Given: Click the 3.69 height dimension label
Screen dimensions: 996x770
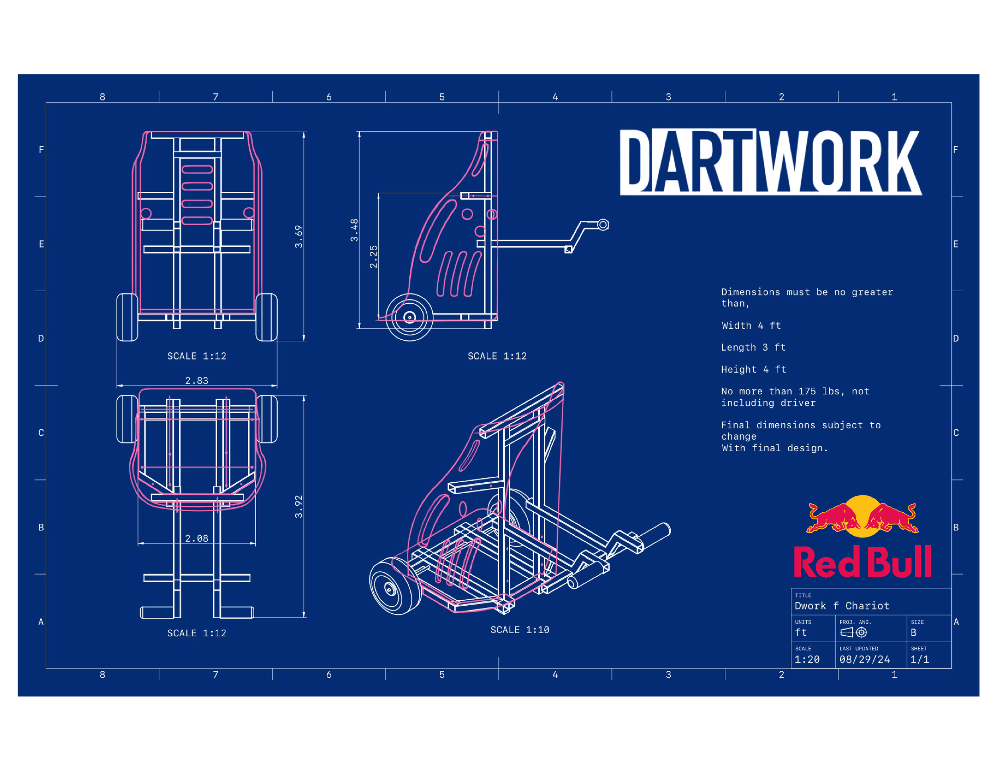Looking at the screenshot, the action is point(298,236).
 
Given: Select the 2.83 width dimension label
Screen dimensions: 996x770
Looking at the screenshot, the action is point(196,381).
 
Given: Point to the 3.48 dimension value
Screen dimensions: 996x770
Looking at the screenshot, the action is point(354,230).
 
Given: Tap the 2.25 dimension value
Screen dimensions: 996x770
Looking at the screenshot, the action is point(374,256).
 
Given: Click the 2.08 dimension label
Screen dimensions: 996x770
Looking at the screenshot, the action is point(196,538).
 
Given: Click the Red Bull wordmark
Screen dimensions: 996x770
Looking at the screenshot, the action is point(862,562).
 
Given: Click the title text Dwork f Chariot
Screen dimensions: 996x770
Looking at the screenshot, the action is point(842,606).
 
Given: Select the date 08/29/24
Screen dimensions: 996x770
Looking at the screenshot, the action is point(865,659).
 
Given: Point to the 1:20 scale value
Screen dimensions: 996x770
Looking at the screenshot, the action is point(807,659).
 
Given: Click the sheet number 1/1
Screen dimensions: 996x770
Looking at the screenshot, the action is point(920,659).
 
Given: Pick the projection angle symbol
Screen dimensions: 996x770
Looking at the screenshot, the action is point(853,632).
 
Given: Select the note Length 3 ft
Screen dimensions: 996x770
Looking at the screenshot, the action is point(753,347).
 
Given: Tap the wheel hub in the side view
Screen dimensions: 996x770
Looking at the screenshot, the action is point(410,317).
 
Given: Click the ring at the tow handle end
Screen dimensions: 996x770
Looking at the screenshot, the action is point(603,224).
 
